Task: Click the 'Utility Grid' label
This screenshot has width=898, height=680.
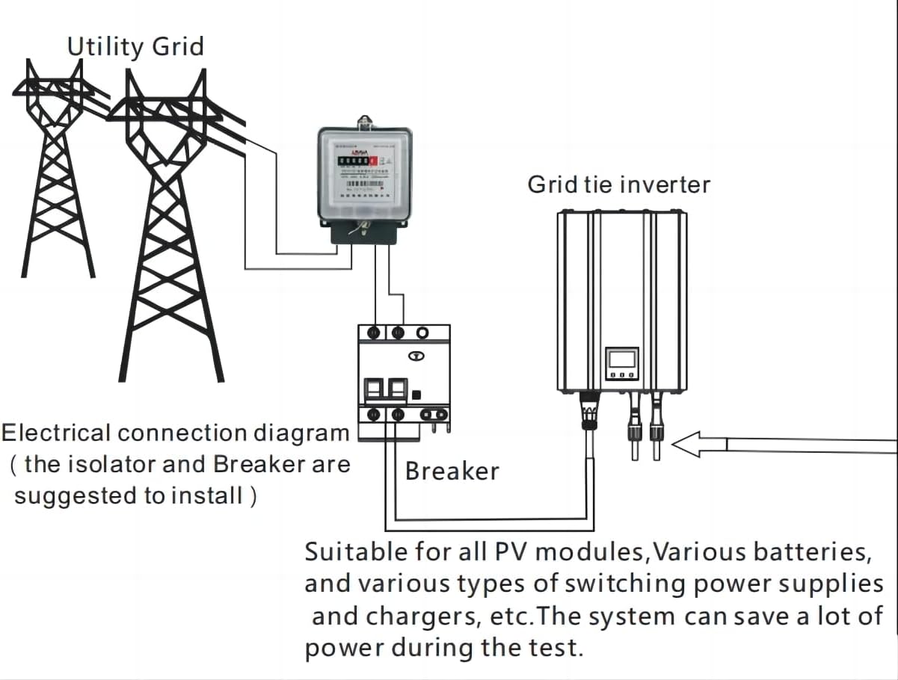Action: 135,46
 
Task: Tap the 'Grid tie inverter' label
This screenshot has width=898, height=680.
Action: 618,184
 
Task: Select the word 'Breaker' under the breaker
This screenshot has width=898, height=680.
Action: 452,471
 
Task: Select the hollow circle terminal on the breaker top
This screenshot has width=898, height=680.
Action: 423,332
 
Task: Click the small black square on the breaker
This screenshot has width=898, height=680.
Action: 417,394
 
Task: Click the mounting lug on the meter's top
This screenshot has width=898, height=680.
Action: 365,120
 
